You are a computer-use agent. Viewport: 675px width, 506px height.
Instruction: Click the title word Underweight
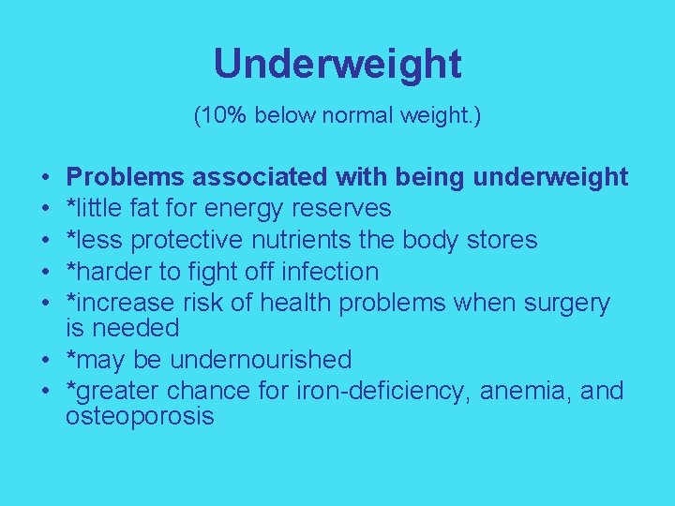[x=337, y=65]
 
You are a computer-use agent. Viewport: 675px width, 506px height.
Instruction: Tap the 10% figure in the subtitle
[x=221, y=117]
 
